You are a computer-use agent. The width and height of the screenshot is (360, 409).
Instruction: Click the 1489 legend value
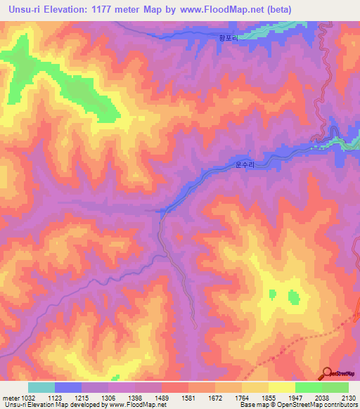[162, 398]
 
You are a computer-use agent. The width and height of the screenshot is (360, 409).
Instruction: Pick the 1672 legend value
[215, 398]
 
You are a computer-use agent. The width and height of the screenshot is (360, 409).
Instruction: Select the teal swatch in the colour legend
[41, 387]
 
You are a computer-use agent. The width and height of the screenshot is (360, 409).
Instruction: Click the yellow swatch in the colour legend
[281, 387]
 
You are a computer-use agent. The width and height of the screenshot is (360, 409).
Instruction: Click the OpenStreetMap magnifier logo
[327, 372]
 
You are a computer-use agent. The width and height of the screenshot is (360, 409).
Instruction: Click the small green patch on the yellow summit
[293, 298]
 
